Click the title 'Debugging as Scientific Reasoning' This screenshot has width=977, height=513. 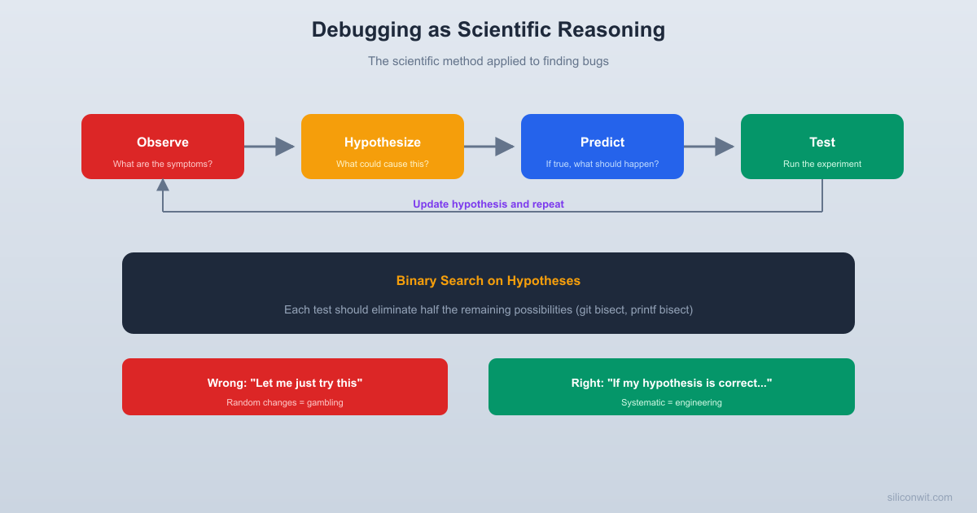click(488, 30)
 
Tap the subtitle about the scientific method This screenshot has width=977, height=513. click(488, 61)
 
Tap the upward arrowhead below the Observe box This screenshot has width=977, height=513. click(163, 185)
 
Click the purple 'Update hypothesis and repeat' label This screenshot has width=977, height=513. click(488, 204)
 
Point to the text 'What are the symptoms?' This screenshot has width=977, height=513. click(163, 164)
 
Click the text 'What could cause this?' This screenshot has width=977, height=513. click(383, 164)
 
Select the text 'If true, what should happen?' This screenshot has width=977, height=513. click(602, 164)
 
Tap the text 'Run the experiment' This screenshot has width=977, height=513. click(822, 164)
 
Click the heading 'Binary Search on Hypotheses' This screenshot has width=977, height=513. click(488, 281)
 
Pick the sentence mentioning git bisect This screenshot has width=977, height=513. click(488, 310)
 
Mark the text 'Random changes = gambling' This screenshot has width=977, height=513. click(285, 402)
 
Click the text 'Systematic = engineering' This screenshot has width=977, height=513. click(672, 402)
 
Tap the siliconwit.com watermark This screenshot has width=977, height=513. click(919, 497)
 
